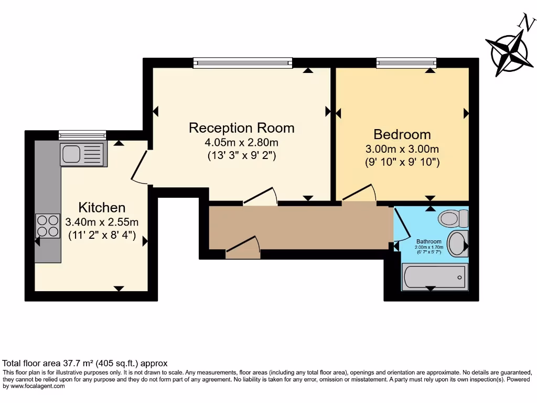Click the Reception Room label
241,128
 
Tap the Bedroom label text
402,134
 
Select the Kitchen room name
102,207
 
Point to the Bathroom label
429,242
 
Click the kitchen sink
83,154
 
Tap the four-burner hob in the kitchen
48,226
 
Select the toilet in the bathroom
453,217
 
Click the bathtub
434,277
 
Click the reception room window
243,63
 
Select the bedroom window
406,63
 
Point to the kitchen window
82,135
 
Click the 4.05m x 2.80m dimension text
241,142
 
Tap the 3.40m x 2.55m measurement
102,222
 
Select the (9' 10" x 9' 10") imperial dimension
402,163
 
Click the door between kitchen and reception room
138,166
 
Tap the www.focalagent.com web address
37,386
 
